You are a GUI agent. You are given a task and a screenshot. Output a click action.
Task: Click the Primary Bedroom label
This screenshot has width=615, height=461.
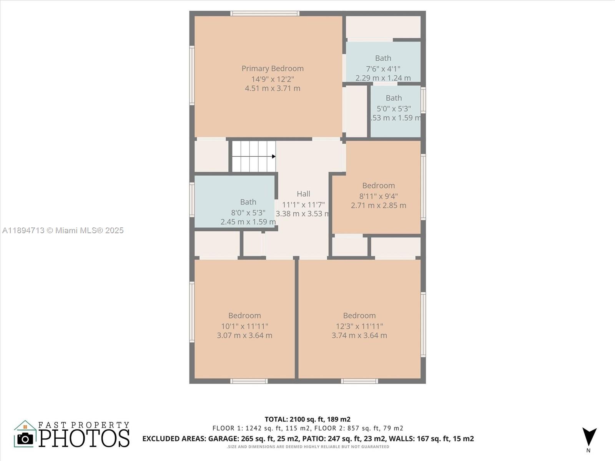click(273, 68)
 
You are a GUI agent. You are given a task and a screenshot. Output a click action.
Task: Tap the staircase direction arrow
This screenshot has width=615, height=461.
click(273, 156)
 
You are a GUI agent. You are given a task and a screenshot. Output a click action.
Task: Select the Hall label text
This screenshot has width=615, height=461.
click(303, 194)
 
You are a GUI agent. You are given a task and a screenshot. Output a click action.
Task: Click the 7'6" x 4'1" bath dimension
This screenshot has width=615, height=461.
click(383, 69)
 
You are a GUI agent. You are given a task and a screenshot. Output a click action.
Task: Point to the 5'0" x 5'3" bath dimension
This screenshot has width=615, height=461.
click(394, 109)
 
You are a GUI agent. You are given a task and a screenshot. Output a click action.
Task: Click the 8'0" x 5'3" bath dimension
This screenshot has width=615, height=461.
click(248, 212)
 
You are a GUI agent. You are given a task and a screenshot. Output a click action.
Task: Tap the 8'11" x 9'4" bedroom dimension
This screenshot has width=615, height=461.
click(378, 196)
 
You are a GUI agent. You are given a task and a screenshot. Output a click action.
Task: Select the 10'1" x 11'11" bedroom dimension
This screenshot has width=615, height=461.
click(244, 326)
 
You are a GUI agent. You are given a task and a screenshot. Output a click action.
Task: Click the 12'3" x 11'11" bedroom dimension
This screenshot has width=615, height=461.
click(359, 326)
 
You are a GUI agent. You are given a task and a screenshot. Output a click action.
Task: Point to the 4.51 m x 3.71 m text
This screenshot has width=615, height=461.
click(273, 88)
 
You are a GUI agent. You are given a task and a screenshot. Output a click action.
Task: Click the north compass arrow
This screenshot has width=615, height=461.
click(589, 437)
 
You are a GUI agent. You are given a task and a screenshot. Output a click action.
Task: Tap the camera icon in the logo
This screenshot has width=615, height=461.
click(25, 438)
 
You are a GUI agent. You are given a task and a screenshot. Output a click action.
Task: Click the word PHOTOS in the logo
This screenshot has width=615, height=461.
click(84, 438)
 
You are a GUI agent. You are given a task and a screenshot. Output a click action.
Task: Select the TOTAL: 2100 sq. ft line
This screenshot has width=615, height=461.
click(307, 419)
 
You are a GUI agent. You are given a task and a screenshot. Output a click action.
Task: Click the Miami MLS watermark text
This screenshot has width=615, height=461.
click(63, 230)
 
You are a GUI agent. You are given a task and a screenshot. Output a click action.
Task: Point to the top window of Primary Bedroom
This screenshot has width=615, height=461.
click(265, 13)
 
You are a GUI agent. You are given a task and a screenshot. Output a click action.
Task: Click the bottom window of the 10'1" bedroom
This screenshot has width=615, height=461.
click(249, 381)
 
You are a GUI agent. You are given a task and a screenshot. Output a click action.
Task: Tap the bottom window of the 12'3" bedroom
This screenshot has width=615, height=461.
click(359, 381)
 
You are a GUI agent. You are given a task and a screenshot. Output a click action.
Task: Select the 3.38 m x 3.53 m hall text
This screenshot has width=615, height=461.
click(303, 214)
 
